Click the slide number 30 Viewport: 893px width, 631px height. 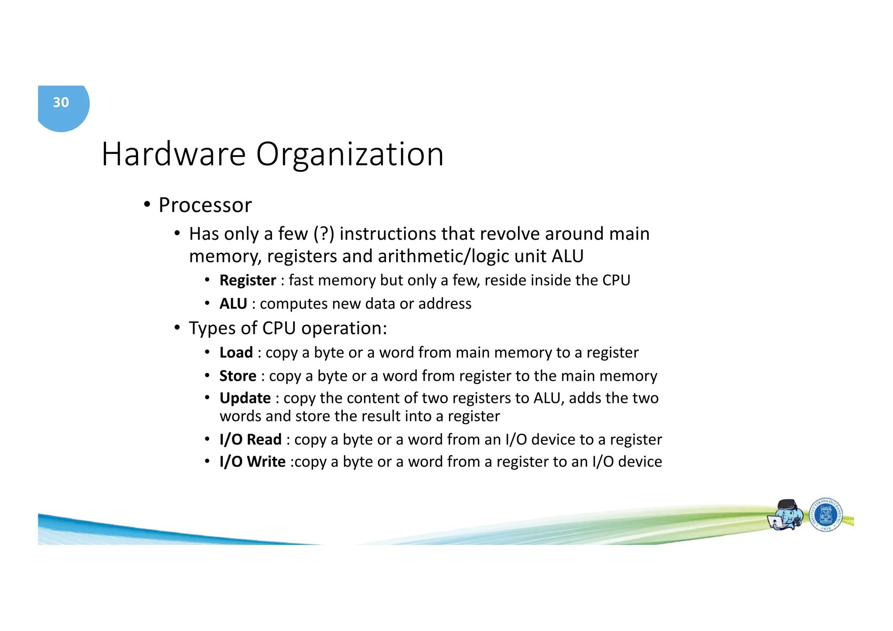pyautogui.click(x=61, y=102)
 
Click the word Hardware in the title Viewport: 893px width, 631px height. pyautogui.click(x=174, y=154)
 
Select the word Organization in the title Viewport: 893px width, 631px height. pyautogui.click(x=350, y=154)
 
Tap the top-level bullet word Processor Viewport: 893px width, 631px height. pyautogui.click(x=205, y=205)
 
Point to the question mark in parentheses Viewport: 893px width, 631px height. pyautogui.click(x=324, y=234)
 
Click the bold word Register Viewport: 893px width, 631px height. pyautogui.click(x=248, y=281)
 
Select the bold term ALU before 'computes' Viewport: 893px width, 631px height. pyautogui.click(x=233, y=304)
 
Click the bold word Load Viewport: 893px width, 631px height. pyautogui.click(x=236, y=353)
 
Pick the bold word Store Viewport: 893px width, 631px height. pyautogui.click(x=238, y=376)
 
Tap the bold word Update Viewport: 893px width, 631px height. pyautogui.click(x=245, y=398)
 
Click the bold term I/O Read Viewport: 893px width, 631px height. pyautogui.click(x=250, y=440)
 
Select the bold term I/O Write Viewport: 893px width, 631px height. pyautogui.click(x=252, y=462)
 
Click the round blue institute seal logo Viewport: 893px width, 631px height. pyautogui.click(x=825, y=515)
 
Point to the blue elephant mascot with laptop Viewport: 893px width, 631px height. pyautogui.click(x=786, y=515)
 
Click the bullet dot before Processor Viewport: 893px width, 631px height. pyautogui.click(x=147, y=204)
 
